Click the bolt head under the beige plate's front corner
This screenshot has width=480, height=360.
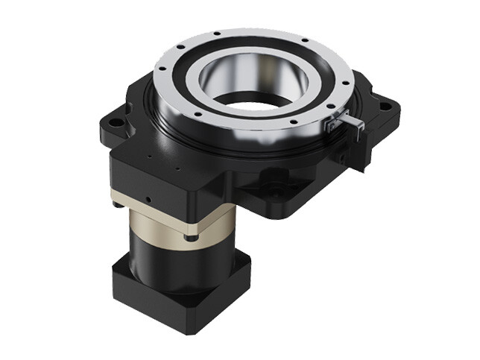(192, 237)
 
